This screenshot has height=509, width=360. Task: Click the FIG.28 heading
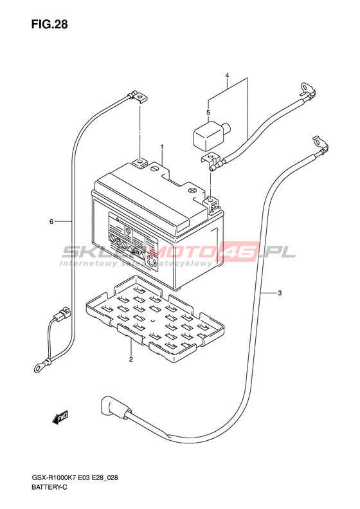pyautogui.click(x=50, y=24)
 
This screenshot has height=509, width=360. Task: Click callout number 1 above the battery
pyautogui.click(x=161, y=147)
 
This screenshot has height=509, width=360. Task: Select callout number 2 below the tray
pyautogui.click(x=130, y=359)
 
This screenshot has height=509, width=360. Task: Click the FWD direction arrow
pyautogui.click(x=60, y=418)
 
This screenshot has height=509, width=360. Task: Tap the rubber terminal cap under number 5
pyautogui.click(x=212, y=135)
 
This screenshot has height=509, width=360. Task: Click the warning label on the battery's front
pyautogui.click(x=133, y=242)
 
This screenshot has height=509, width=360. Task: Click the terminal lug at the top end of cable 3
pyautogui.click(x=321, y=145)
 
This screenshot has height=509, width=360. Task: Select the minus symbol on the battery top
pyautogui.click(x=155, y=169)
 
